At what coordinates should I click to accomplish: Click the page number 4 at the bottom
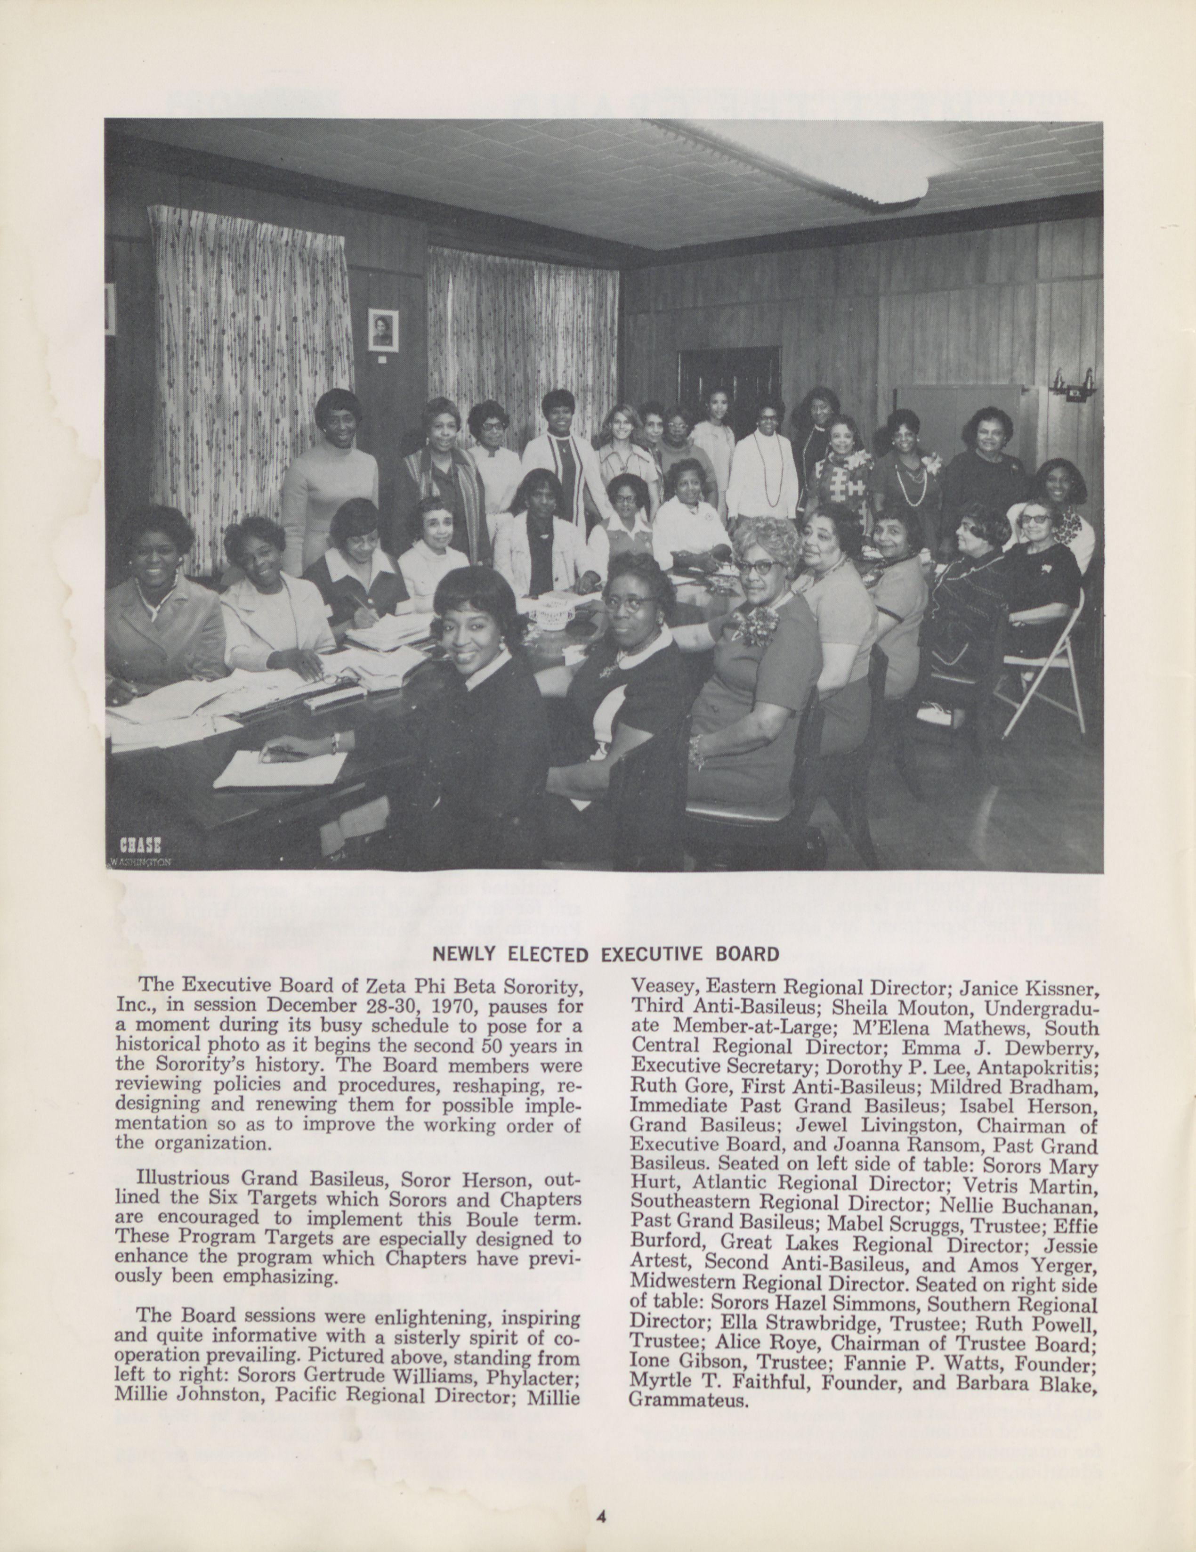point(601,1514)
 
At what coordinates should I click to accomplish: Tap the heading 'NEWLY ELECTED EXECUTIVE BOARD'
point(606,954)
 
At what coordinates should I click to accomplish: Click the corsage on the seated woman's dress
point(756,623)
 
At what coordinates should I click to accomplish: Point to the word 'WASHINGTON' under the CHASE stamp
point(141,862)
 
